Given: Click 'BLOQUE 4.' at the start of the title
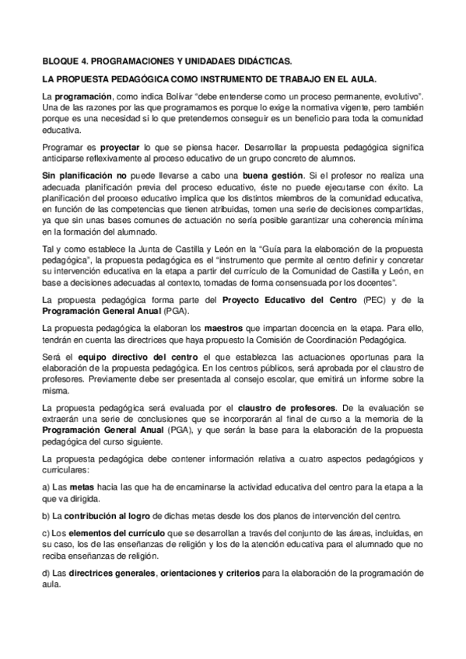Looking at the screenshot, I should point(64,60).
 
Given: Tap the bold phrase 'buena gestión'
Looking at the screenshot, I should point(250,176).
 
